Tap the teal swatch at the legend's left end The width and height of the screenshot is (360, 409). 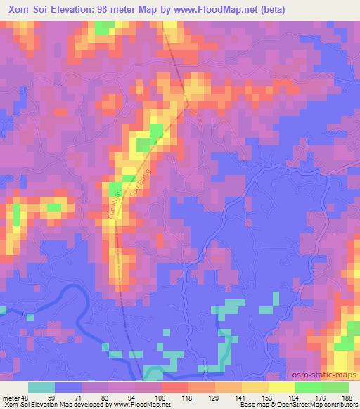click(41, 387)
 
